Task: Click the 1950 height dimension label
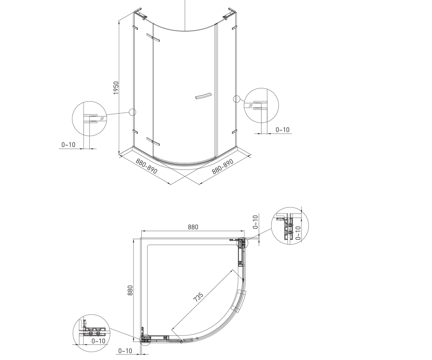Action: (116, 88)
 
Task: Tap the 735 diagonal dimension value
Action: (198, 297)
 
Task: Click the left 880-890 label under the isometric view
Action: (147, 166)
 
